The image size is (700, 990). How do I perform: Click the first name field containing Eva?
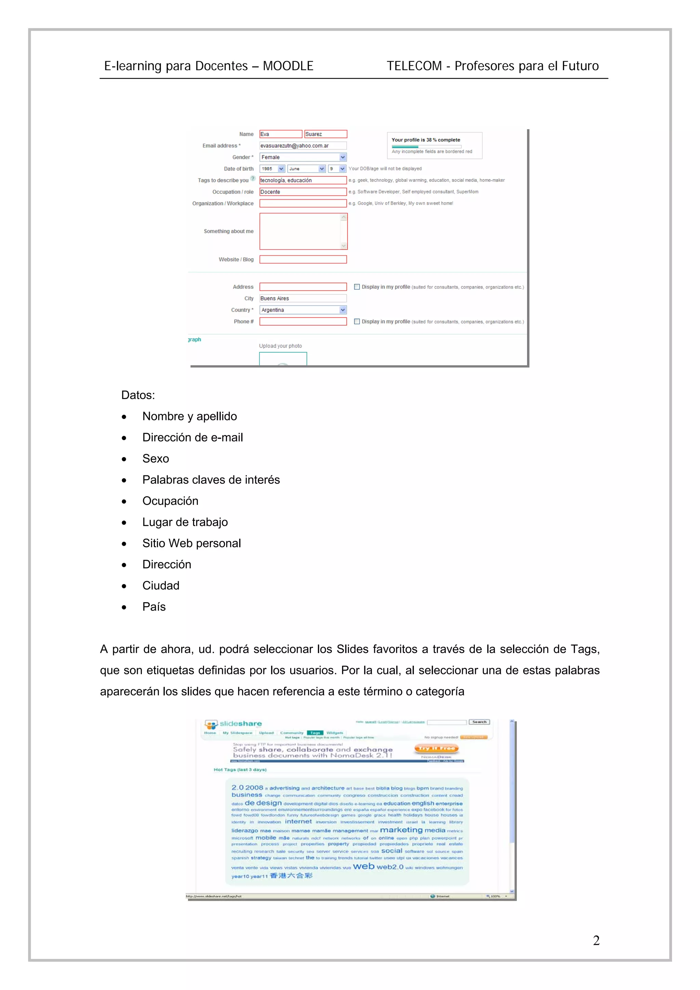pyautogui.click(x=280, y=134)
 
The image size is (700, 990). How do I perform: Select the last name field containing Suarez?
pyautogui.click(x=325, y=134)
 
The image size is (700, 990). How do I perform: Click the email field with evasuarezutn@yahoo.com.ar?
pyautogui.click(x=303, y=146)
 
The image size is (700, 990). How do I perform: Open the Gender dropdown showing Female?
pyautogui.click(x=303, y=158)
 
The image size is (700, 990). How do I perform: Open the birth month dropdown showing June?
pyautogui.click(x=306, y=168)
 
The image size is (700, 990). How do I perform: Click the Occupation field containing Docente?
pyautogui.click(x=303, y=192)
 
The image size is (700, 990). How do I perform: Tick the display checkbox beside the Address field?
pyautogui.click(x=357, y=287)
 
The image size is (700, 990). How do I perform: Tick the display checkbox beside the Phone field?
pyautogui.click(x=357, y=321)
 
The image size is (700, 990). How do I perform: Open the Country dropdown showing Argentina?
pyautogui.click(x=303, y=310)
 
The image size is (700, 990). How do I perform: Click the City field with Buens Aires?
pyautogui.click(x=303, y=298)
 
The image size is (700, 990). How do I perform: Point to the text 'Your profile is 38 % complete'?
pyautogui.click(x=425, y=140)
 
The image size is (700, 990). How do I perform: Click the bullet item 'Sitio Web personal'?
pyautogui.click(x=191, y=543)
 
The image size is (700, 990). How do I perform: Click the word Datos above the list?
pyautogui.click(x=138, y=395)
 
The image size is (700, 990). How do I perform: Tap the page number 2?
pyautogui.click(x=596, y=940)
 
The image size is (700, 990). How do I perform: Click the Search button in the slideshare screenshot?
pyautogui.click(x=479, y=722)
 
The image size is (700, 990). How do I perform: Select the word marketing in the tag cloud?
pyautogui.click(x=401, y=830)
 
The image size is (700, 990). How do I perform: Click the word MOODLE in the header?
pyautogui.click(x=288, y=66)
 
